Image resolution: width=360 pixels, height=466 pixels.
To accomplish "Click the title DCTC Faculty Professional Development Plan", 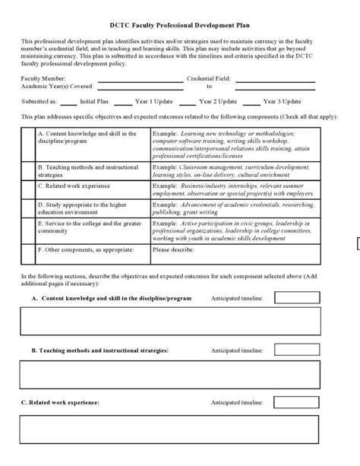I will (x=179, y=24).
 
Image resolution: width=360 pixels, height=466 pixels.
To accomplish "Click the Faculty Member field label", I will (x=43, y=78).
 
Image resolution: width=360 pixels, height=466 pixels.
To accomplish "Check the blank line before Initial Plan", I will (x=68, y=100).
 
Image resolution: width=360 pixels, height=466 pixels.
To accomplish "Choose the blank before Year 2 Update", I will (x=188, y=100).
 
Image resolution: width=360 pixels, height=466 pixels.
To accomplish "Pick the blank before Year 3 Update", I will (x=254, y=100).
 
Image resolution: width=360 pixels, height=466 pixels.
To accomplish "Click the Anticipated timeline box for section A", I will (x=296, y=299).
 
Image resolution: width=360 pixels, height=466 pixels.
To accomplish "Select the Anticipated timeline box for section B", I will (x=296, y=350).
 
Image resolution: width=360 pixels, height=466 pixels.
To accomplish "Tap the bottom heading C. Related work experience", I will (x=60, y=402).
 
